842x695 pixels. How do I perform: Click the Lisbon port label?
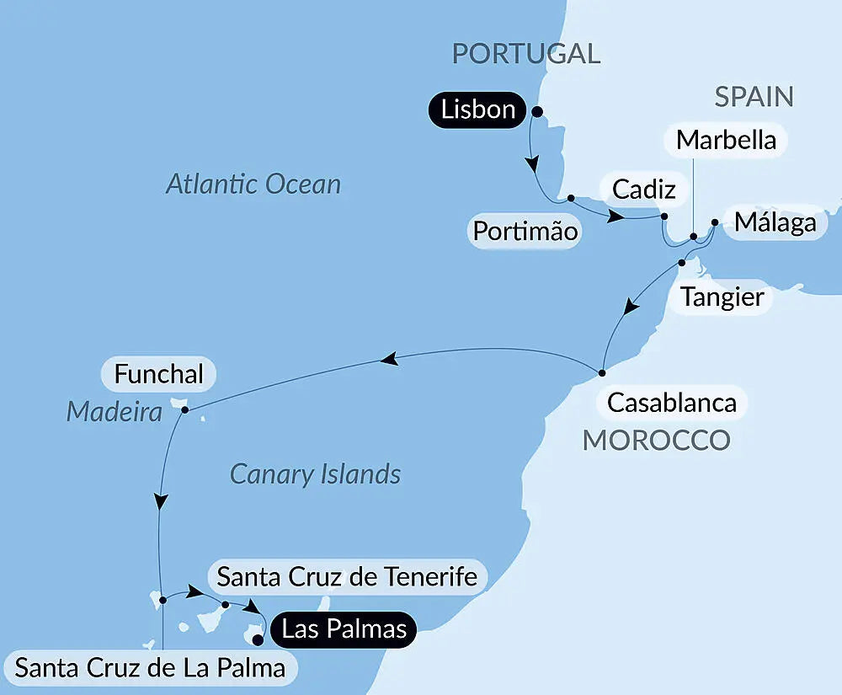[477, 110]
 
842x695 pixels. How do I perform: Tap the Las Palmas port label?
[344, 628]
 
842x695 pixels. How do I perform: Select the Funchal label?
[159, 374]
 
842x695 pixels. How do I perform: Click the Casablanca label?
[672, 402]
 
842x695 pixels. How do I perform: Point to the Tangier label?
[722, 297]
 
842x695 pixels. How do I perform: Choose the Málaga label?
[775, 222]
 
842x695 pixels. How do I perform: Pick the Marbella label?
[726, 140]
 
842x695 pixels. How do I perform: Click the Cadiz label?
[643, 190]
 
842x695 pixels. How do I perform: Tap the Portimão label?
[525, 231]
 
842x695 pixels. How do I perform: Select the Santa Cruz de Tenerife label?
[347, 577]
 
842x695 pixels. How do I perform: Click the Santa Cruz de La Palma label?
[150, 669]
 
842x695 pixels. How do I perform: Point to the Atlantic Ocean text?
[253, 184]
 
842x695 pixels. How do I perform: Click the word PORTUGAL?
[526, 53]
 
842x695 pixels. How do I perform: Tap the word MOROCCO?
[657, 439]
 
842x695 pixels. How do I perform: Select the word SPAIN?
[754, 97]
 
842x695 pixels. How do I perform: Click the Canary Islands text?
[315, 474]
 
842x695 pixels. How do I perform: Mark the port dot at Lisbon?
[537, 110]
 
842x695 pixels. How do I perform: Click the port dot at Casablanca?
[602, 372]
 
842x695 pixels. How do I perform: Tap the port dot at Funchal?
[184, 410]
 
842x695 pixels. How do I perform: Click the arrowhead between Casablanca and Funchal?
[388, 361]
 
